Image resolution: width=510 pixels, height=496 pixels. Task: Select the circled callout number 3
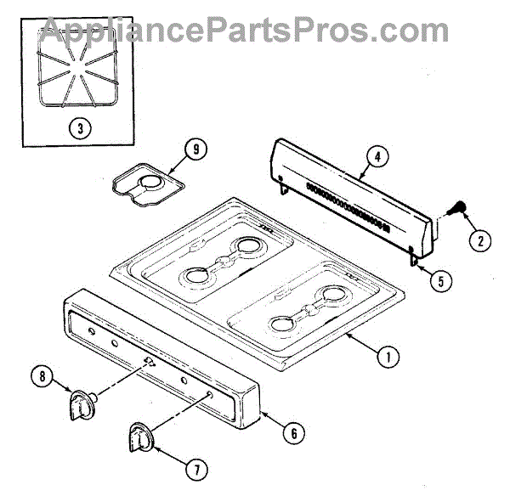click(79, 130)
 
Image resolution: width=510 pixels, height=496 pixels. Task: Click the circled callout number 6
click(292, 433)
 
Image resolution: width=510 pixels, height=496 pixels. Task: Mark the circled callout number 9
click(195, 150)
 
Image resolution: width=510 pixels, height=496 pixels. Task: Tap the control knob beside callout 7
click(141, 440)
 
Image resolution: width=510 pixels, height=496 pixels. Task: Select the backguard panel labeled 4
click(357, 183)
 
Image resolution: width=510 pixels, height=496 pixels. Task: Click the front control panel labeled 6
click(161, 352)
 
